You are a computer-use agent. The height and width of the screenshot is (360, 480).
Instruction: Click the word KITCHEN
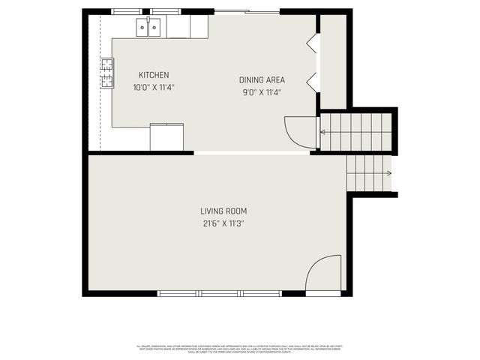(x=154, y=75)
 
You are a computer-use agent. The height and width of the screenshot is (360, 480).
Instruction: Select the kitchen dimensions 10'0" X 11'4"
(x=154, y=88)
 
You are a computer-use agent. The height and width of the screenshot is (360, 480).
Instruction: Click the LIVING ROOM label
(x=223, y=211)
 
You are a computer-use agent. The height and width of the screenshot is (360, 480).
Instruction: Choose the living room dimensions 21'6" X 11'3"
(x=223, y=223)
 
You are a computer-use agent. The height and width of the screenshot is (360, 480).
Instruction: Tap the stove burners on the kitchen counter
(x=107, y=73)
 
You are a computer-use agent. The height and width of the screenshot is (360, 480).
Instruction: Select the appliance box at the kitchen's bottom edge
(x=166, y=136)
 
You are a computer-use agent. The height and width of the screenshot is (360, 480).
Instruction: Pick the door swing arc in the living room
(x=324, y=271)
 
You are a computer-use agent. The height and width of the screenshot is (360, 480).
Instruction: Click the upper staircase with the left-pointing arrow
(x=356, y=131)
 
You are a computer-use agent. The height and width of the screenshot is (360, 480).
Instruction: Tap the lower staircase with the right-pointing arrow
(x=369, y=173)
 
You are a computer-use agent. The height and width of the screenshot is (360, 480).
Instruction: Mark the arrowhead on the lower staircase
(x=388, y=174)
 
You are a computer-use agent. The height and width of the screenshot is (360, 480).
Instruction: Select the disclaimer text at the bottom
(x=240, y=349)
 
